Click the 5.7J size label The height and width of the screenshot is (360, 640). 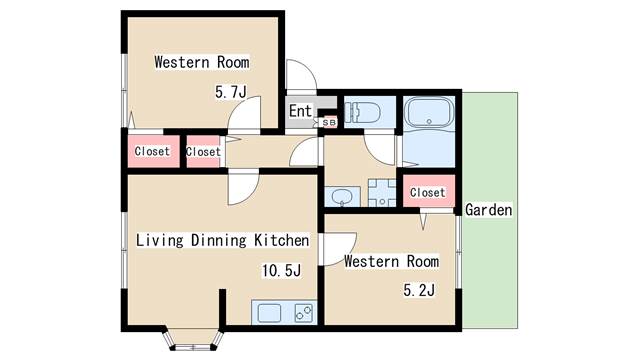coord(231,92)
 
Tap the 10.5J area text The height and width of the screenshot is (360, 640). coord(281,270)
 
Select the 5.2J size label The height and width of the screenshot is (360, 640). coord(419,290)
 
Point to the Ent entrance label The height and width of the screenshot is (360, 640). coord(300,111)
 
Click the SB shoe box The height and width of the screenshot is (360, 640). coord(329,122)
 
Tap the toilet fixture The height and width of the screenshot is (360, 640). coord(362,112)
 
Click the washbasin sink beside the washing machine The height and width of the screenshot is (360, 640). coord(342,197)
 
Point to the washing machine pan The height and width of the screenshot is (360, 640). coord(382,193)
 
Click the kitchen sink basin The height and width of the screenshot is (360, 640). coord(269,313)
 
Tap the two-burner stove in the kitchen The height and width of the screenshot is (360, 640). coord(304,313)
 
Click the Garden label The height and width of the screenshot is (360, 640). coord(488,210)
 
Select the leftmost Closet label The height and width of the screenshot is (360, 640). coord(152,151)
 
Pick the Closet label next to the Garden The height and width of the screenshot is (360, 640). coord(427,192)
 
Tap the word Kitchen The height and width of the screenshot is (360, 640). coord(282,240)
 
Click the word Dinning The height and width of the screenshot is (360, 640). coord(219,240)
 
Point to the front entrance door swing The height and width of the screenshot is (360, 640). coord(302,76)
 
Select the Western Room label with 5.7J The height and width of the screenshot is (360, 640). coord(202,62)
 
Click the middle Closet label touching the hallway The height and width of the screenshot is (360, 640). coord(203,151)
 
